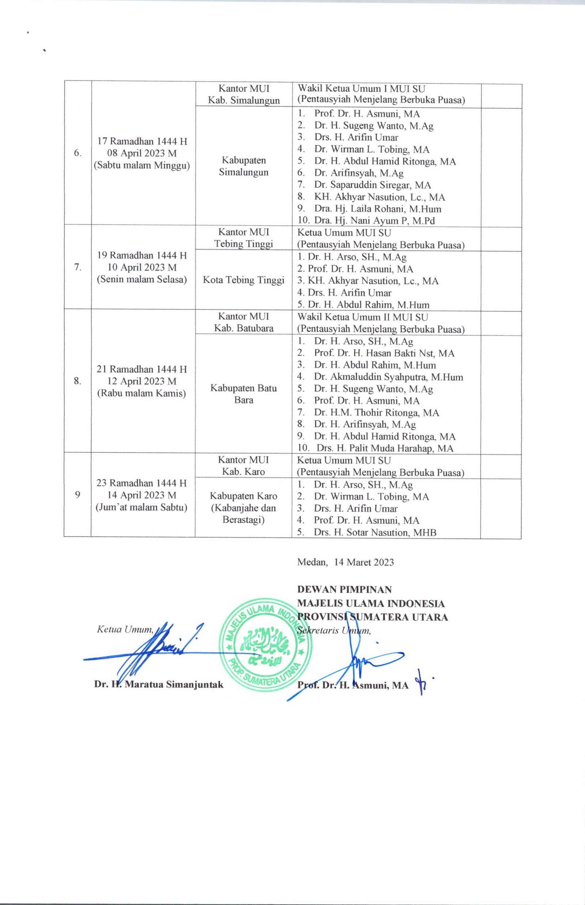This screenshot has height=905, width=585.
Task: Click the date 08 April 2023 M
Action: pos(142,154)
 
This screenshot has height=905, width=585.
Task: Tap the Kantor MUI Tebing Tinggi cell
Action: pos(244,238)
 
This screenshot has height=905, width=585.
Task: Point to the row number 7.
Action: pos(78,267)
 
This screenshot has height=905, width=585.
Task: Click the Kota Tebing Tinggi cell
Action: pos(244,280)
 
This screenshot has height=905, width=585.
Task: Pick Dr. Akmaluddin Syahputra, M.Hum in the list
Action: pos(388,377)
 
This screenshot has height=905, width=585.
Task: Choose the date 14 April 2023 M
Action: pos(142,495)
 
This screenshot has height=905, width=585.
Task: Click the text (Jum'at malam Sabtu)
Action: pos(142,508)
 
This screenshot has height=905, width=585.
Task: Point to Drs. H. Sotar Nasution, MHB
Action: pos(375,533)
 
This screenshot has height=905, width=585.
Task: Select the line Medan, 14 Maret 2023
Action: pos(345,563)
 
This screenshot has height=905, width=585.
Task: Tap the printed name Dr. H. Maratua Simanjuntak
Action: pos(159,685)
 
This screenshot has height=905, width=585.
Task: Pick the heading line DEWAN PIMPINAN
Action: pos(344,590)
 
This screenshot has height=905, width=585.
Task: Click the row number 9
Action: pos(78,495)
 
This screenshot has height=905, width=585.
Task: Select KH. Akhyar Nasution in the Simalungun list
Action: pos(380,197)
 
